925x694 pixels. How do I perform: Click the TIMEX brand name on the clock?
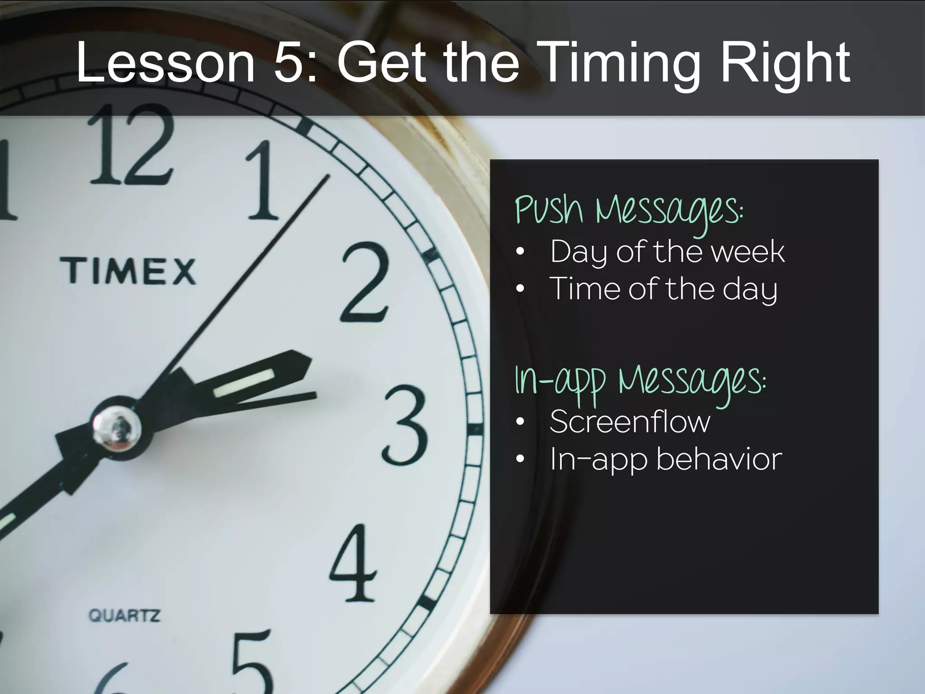click(128, 271)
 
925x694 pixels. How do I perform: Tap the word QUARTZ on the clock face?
click(124, 615)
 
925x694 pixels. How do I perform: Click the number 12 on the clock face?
click(131, 145)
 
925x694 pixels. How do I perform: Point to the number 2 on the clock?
click(365, 282)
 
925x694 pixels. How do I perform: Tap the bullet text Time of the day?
click(663, 289)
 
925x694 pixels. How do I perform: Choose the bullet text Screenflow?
click(630, 422)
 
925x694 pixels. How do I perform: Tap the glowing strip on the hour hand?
click(244, 384)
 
